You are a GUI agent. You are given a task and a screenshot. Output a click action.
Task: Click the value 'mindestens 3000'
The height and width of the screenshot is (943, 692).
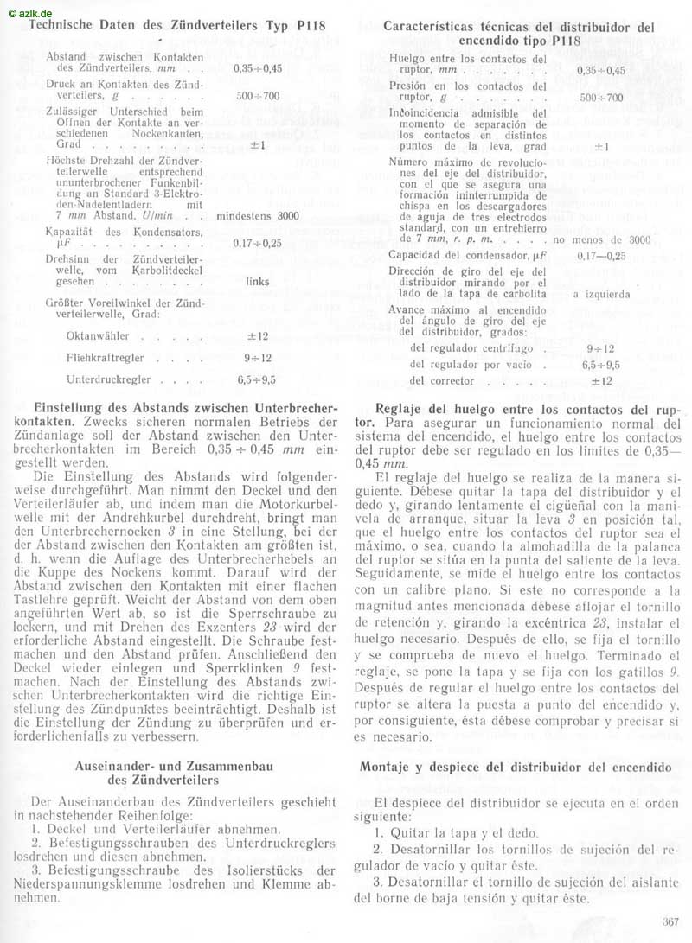click(x=258, y=216)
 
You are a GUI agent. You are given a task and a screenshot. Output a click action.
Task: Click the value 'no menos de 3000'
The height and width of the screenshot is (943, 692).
click(x=601, y=239)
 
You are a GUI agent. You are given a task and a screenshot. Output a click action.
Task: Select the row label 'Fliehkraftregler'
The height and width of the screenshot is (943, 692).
click(x=102, y=357)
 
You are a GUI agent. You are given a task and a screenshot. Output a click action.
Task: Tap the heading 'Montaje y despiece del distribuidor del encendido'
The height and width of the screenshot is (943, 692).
click(x=515, y=768)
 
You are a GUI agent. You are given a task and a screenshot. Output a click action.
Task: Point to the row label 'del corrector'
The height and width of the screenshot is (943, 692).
click(x=441, y=380)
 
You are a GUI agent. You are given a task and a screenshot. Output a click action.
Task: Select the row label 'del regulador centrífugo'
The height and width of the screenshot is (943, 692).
click(x=468, y=348)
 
